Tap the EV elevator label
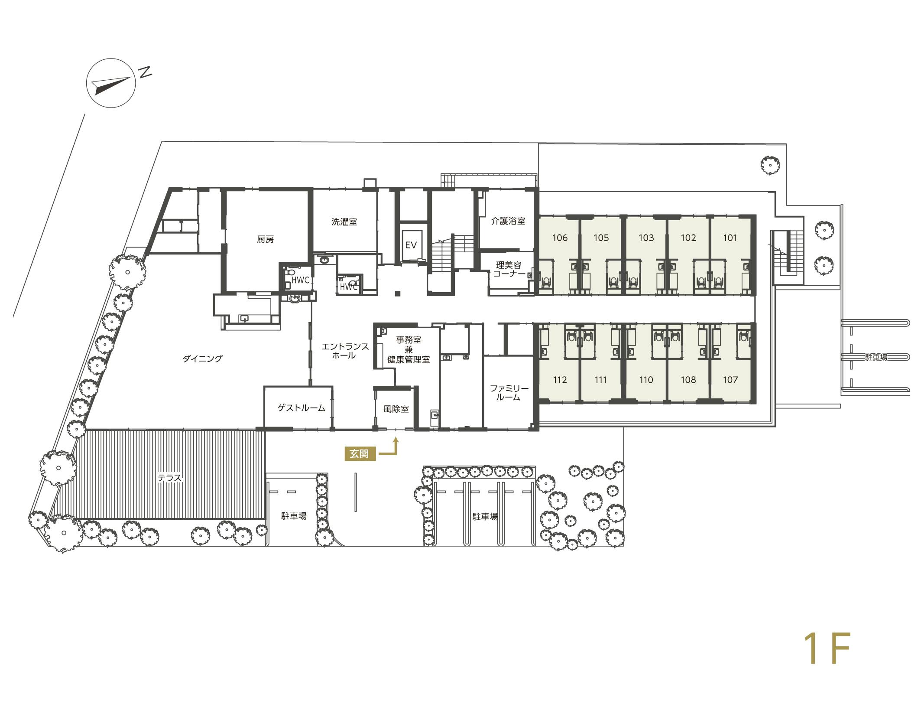pos(411,245)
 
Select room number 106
pos(560,238)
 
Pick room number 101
pos(730,238)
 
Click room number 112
pos(560,380)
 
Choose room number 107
pos(730,380)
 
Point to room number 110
pos(646,380)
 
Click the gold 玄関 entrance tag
pos(360,454)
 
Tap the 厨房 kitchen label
pos(266,239)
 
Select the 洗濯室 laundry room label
pos(344,222)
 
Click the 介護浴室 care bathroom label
pos(508,221)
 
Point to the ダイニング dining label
pos(202,358)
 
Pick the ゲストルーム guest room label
pos(302,408)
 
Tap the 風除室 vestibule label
pos(396,409)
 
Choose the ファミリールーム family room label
pos(509,392)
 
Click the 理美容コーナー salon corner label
pos(509,269)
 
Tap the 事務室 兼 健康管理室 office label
pos(408,350)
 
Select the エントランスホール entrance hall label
pos(345,351)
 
